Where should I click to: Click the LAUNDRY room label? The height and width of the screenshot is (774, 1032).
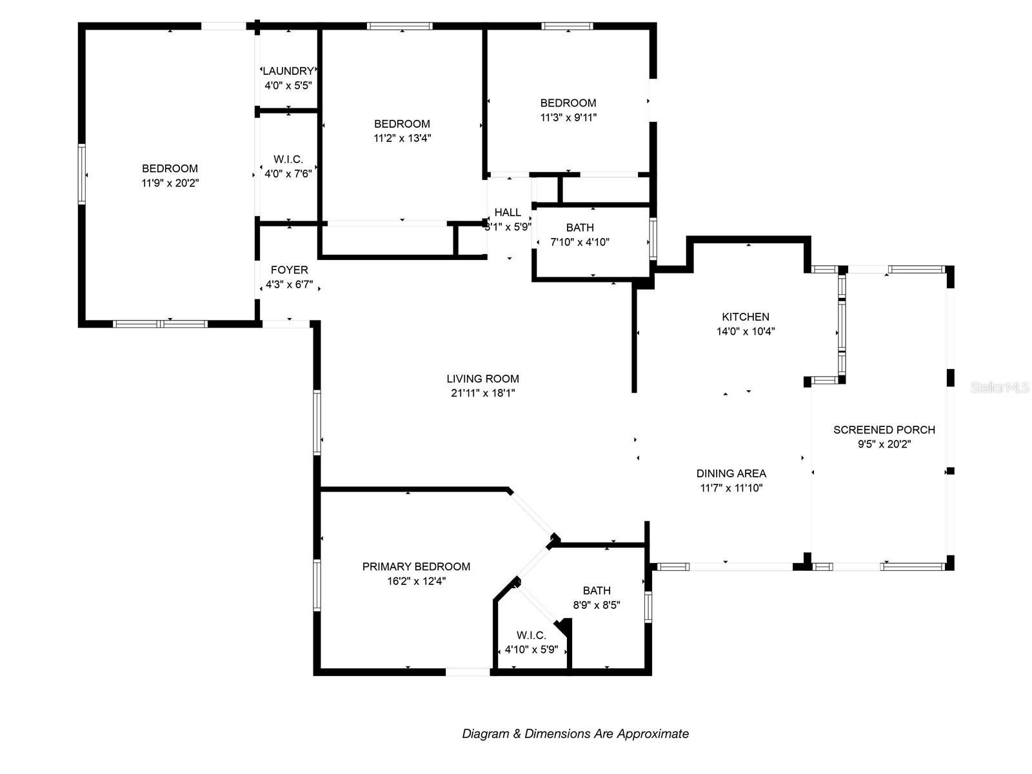tap(288, 71)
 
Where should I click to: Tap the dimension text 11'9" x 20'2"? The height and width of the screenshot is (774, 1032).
tap(170, 183)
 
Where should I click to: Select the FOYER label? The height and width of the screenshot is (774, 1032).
tap(289, 270)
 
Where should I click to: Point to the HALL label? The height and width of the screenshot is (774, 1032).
tap(508, 212)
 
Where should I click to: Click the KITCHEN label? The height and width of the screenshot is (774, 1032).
tap(745, 317)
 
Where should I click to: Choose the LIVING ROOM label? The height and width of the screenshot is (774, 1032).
tap(483, 379)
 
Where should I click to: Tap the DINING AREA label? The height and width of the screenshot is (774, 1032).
tap(731, 473)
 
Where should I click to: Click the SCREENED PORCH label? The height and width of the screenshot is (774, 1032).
tap(884, 430)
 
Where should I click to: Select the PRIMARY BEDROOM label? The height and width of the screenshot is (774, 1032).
tap(416, 566)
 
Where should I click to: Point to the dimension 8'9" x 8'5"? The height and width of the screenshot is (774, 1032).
tap(596, 605)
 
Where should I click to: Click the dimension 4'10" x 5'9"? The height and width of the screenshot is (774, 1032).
tap(531, 650)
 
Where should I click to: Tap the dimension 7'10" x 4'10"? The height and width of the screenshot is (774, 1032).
tap(580, 242)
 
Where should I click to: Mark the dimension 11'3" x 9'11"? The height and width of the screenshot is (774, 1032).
tap(568, 117)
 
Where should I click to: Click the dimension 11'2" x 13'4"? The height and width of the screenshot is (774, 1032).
tap(402, 138)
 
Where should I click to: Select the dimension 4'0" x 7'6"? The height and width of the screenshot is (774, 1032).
tap(288, 174)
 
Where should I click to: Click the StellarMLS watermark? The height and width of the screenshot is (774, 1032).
tap(1000, 388)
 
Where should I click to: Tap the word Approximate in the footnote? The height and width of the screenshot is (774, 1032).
tap(653, 733)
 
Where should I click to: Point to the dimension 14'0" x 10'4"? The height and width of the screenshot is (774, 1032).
tap(745, 332)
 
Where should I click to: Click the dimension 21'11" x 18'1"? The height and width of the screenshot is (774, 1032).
tap(483, 393)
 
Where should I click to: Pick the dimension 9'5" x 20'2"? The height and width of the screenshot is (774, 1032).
tap(884, 444)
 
